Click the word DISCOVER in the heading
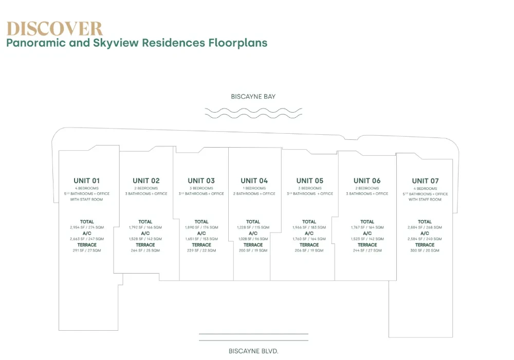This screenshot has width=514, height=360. (x=54, y=28)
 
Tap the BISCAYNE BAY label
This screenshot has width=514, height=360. (x=253, y=96)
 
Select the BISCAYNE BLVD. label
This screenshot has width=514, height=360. (x=253, y=351)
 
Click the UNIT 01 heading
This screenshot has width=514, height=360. (x=87, y=181)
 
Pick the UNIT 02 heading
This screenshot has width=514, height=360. (x=146, y=181)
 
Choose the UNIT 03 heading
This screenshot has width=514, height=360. (x=201, y=181)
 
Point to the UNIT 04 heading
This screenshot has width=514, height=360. (x=254, y=181)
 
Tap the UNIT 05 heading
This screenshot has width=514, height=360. (x=310, y=181)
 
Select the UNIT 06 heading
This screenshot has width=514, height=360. (x=367, y=181)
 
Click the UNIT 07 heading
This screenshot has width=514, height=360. (x=426, y=181)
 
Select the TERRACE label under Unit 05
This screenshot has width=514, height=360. (x=309, y=245)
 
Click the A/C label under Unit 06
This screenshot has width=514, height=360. (x=368, y=233)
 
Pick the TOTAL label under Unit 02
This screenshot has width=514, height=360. (x=145, y=222)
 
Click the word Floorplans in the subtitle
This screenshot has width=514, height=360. (x=238, y=43)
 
